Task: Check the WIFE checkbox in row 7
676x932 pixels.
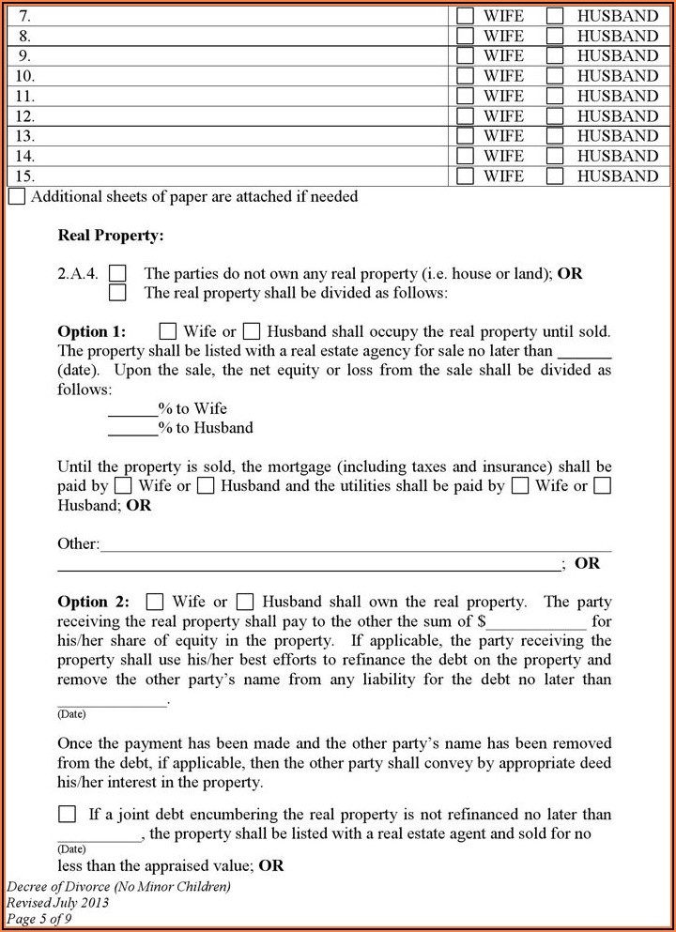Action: (x=465, y=16)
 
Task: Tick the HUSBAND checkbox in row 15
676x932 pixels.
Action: (x=555, y=176)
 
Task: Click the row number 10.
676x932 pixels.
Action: (x=25, y=76)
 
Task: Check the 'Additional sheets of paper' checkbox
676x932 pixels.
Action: (x=17, y=197)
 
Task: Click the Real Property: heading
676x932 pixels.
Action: (x=111, y=236)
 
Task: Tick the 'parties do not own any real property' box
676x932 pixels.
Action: (x=117, y=273)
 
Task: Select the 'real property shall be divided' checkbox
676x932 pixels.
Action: (x=117, y=293)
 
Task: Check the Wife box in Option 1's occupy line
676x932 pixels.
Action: (x=168, y=331)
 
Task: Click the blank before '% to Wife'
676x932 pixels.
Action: (x=132, y=408)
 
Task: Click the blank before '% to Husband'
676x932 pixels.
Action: (x=132, y=428)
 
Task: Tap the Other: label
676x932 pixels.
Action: (x=78, y=543)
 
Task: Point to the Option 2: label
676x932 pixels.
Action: (x=93, y=602)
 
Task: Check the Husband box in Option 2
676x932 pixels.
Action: (x=245, y=602)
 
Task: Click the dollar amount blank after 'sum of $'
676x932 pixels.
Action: (x=536, y=621)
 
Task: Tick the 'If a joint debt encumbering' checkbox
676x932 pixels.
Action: (x=68, y=814)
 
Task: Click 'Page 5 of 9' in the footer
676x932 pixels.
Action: (x=39, y=919)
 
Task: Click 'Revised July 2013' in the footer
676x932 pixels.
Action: (x=57, y=903)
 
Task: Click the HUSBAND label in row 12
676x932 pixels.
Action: (x=617, y=116)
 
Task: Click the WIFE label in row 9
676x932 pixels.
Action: (x=503, y=56)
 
